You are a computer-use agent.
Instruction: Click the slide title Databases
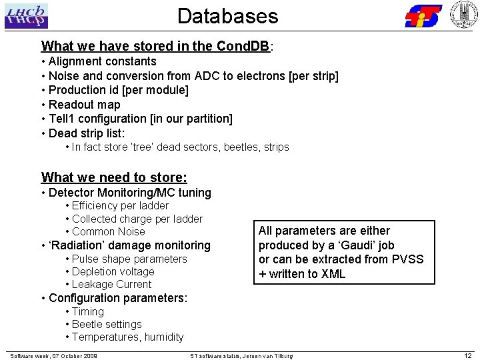pyautogui.click(x=227, y=16)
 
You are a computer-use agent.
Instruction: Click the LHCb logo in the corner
pyautogui.click(x=27, y=15)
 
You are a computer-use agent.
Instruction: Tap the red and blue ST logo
pyautogui.click(x=423, y=15)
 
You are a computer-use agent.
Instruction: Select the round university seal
pyautogui.click(x=464, y=15)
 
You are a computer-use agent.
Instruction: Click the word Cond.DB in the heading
pyautogui.click(x=243, y=47)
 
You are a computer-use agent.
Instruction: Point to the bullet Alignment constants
pyautogui.click(x=103, y=61)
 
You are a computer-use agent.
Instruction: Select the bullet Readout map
pyautogui.click(x=85, y=105)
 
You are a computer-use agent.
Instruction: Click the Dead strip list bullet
pyautogui.click(x=87, y=133)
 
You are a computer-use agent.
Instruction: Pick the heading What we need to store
pyautogui.click(x=114, y=177)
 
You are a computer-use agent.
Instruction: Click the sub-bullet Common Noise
pyautogui.click(x=108, y=231)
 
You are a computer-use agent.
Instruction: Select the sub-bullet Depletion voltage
pyautogui.click(x=113, y=271)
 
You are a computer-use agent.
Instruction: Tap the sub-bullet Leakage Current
pyautogui.click(x=111, y=284)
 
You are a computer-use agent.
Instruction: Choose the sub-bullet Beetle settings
pyautogui.click(x=107, y=324)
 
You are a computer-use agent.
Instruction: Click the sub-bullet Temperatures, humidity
pyautogui.click(x=127, y=337)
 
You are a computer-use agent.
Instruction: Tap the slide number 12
pyautogui.click(x=468, y=355)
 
